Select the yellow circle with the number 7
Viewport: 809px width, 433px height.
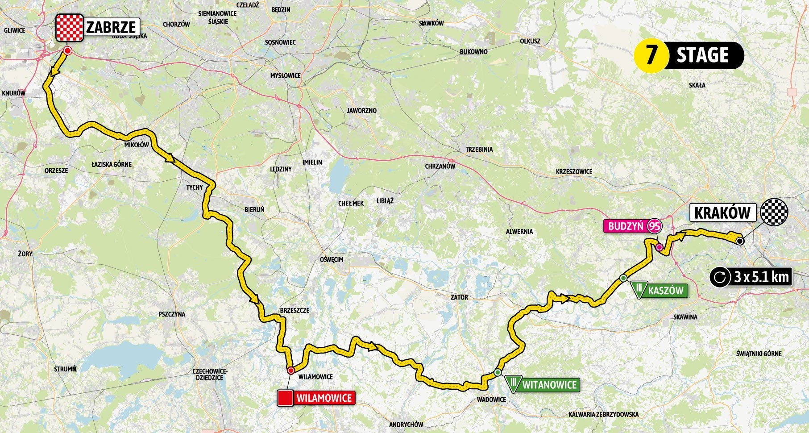tap(651, 55)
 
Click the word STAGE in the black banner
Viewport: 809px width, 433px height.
tap(702, 55)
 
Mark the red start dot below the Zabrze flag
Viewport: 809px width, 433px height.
tap(67, 52)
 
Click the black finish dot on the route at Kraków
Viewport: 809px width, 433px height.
tap(739, 241)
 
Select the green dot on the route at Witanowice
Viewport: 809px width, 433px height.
tap(498, 373)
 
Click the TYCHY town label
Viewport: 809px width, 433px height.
tap(195, 187)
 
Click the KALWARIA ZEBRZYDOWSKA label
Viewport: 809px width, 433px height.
tap(603, 414)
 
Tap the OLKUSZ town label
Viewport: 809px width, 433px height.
tap(530, 41)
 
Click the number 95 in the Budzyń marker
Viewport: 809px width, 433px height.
tap(655, 226)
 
